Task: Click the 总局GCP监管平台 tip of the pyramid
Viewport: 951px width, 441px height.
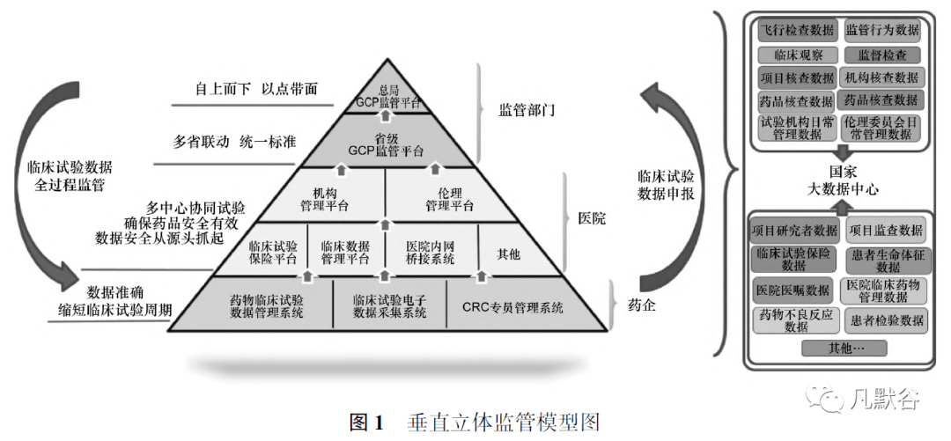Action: click(x=387, y=96)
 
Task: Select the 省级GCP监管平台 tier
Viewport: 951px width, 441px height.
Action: click(x=387, y=144)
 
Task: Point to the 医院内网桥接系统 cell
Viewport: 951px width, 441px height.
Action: click(x=430, y=252)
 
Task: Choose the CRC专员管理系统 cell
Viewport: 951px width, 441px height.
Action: click(x=512, y=307)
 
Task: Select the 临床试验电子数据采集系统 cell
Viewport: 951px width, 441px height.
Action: click(x=389, y=306)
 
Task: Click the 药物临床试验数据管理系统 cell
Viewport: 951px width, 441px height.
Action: click(x=267, y=306)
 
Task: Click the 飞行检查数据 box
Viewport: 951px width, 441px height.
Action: click(x=796, y=30)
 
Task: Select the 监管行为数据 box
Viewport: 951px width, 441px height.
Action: click(x=881, y=30)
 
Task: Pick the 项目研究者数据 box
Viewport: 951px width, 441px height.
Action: click(x=795, y=231)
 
